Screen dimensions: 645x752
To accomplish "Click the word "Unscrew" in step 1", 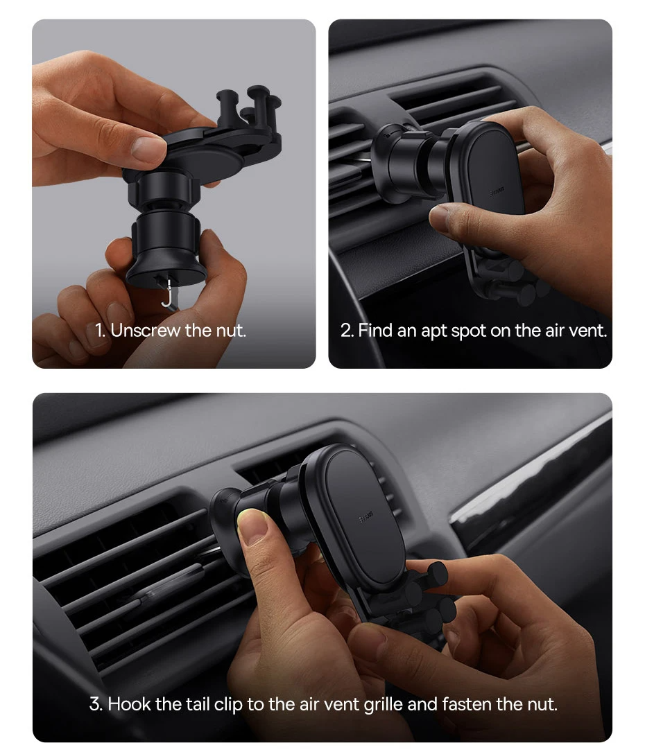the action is click(146, 331).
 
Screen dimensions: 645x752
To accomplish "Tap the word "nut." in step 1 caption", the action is click(232, 331).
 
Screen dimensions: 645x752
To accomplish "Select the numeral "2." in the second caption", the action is click(347, 331).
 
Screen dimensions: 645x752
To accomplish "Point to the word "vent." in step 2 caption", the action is click(588, 331).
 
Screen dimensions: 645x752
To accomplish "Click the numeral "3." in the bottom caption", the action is click(96, 704).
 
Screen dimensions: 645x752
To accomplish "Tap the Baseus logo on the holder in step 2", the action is click(496, 192).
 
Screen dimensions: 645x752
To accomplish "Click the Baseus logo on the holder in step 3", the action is click(366, 518).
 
